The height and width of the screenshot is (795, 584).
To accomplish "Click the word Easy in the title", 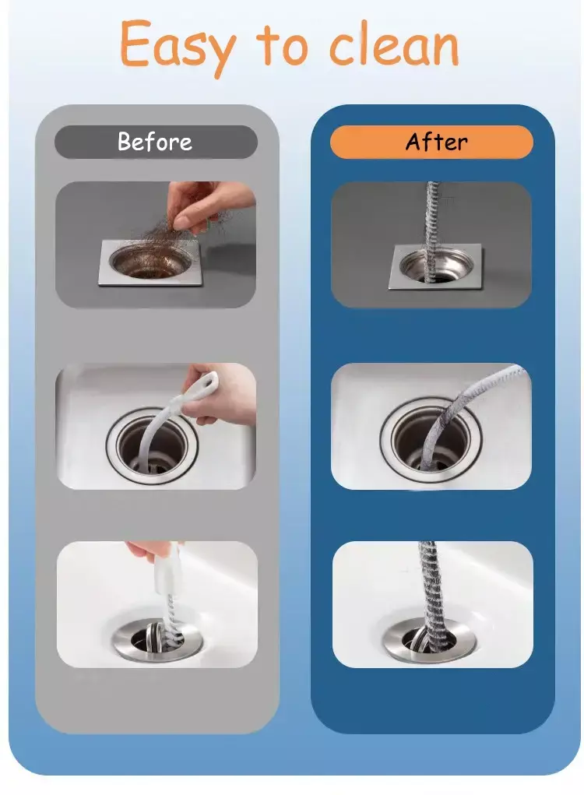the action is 178,47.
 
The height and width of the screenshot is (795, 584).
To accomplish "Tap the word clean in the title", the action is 395,44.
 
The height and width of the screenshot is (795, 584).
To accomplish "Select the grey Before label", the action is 156,142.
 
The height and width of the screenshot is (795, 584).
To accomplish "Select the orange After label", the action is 431,142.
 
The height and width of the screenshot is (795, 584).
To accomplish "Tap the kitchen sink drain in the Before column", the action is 152,445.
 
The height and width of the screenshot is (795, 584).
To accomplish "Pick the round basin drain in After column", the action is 429,640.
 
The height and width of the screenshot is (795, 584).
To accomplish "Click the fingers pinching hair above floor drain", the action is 202,202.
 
